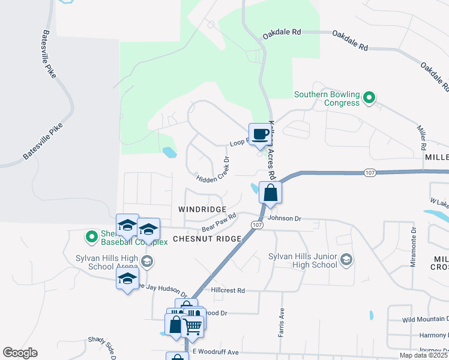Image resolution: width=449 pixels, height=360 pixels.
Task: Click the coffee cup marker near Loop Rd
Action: [259, 134]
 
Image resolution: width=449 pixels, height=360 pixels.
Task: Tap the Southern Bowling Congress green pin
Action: [370, 97]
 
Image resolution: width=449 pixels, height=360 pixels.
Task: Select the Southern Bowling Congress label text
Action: [327, 98]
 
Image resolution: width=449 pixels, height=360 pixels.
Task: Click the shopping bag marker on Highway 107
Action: [270, 193]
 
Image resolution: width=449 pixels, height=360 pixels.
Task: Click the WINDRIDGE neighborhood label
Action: [202, 209]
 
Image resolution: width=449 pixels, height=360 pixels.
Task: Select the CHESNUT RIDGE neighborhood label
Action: [207, 239]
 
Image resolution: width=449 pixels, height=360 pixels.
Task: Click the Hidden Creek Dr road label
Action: [213, 169]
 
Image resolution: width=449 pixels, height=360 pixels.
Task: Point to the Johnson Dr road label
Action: [285, 218]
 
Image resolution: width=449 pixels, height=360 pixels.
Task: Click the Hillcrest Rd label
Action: [228, 290]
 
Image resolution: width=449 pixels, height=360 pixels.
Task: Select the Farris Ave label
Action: [280, 323]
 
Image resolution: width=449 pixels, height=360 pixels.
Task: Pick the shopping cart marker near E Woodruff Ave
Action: [193, 328]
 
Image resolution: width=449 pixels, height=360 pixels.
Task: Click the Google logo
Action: [20, 353]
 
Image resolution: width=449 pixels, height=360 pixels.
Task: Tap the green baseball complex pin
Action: [92, 237]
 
